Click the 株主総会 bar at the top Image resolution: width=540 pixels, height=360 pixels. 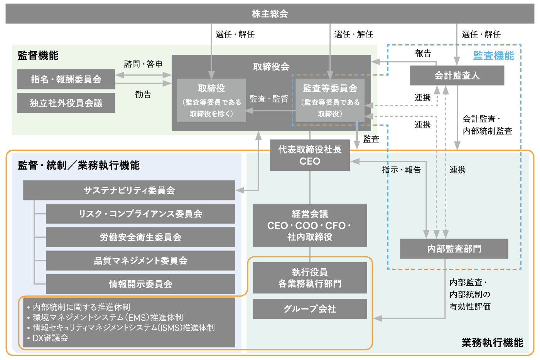pos(270,13)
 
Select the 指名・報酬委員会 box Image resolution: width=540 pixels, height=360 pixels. pos(66,79)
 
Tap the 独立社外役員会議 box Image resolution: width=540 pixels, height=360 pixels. pos(66,103)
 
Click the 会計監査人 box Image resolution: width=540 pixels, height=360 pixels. pos(457,76)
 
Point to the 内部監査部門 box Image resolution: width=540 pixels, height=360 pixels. pos(454,249)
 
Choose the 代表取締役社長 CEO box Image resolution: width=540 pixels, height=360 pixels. pos(310,155)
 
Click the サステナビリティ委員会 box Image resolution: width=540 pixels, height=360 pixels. pos(129,190)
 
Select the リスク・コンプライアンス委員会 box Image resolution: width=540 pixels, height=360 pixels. pos(140,214)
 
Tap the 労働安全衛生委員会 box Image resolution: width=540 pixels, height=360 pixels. pos(140,237)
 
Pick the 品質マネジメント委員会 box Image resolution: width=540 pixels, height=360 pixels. pos(140,261)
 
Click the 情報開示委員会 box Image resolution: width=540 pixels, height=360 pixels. pos(140,284)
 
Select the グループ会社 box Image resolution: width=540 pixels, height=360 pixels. pos(310,309)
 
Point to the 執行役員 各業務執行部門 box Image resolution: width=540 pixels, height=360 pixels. pos(310,278)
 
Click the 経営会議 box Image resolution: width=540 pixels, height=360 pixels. pos(310,225)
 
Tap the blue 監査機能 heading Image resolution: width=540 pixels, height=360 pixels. pos(493,56)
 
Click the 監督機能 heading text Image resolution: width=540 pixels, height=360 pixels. pos(38,56)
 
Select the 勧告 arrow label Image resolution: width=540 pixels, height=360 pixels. pos(143,94)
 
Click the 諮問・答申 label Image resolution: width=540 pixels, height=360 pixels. pos(143,64)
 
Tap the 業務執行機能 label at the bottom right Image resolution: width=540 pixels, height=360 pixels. pos(492,342)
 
